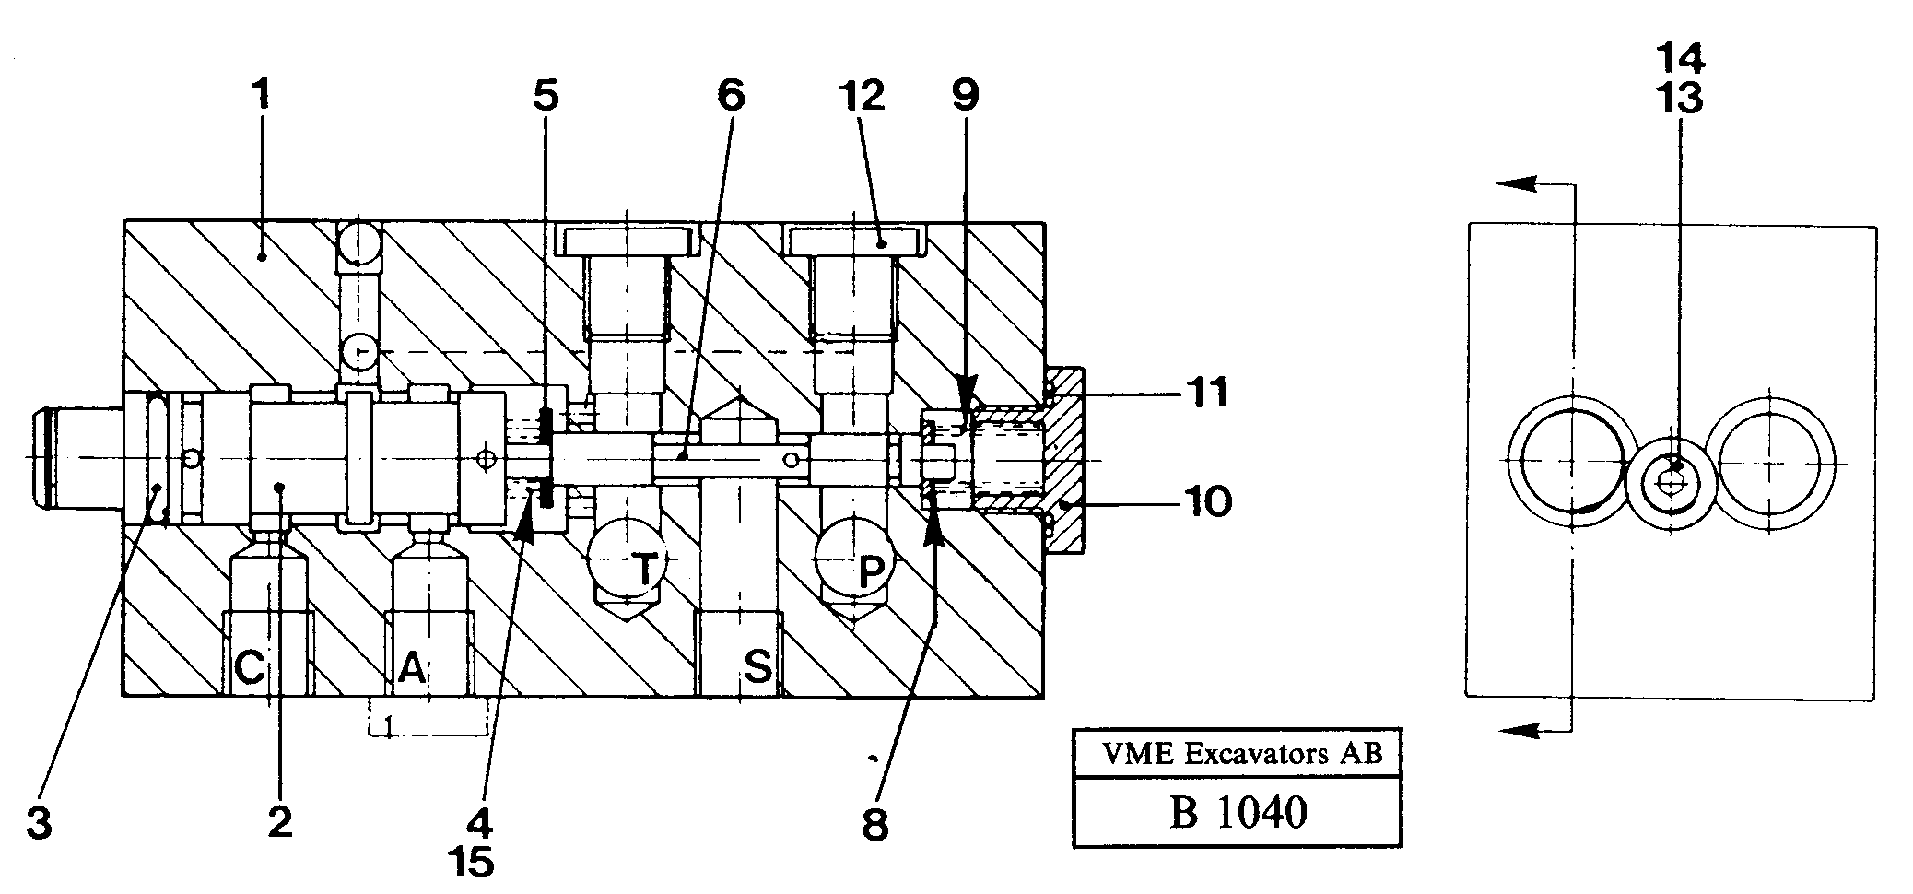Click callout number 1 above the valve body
[262, 96]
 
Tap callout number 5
[546, 96]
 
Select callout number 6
[730, 96]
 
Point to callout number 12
[862, 96]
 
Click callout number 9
[965, 96]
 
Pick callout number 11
[1206, 394]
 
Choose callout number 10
[1206, 502]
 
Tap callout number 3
[39, 823]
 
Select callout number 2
[280, 821]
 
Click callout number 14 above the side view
[1679, 59]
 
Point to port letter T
[646, 571]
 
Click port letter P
[869, 573]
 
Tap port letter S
[757, 665]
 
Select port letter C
[250, 666]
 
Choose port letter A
[412, 666]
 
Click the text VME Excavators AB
[1242, 754]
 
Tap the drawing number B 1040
[1238, 813]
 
